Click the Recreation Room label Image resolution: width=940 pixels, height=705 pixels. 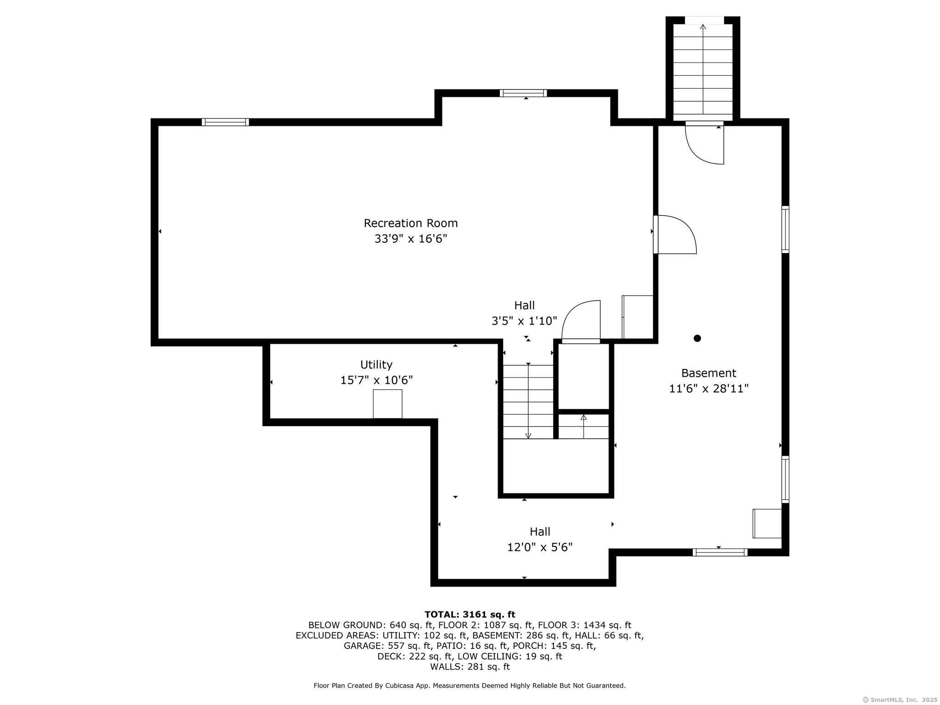(411, 223)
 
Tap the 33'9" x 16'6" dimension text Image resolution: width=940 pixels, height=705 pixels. (411, 239)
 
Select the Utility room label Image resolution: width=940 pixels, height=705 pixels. (376, 364)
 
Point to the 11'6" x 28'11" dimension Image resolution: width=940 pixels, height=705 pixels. (709, 389)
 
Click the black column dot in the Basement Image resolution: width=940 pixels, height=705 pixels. (697, 338)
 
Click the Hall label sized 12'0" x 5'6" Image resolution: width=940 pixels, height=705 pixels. (540, 532)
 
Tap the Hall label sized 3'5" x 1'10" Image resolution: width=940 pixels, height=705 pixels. (524, 305)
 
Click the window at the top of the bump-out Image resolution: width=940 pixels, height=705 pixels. (523, 93)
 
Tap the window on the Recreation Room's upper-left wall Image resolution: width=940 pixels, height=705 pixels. (225, 122)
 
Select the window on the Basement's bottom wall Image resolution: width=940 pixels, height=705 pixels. (720, 552)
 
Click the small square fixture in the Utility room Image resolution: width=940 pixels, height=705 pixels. (387, 404)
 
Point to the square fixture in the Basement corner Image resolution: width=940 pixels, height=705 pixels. (767, 523)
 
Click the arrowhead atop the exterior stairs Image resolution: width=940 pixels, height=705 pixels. (703, 27)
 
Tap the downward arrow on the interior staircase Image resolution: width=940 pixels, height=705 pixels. (528, 435)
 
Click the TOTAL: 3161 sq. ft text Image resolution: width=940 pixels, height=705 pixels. (470, 615)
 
